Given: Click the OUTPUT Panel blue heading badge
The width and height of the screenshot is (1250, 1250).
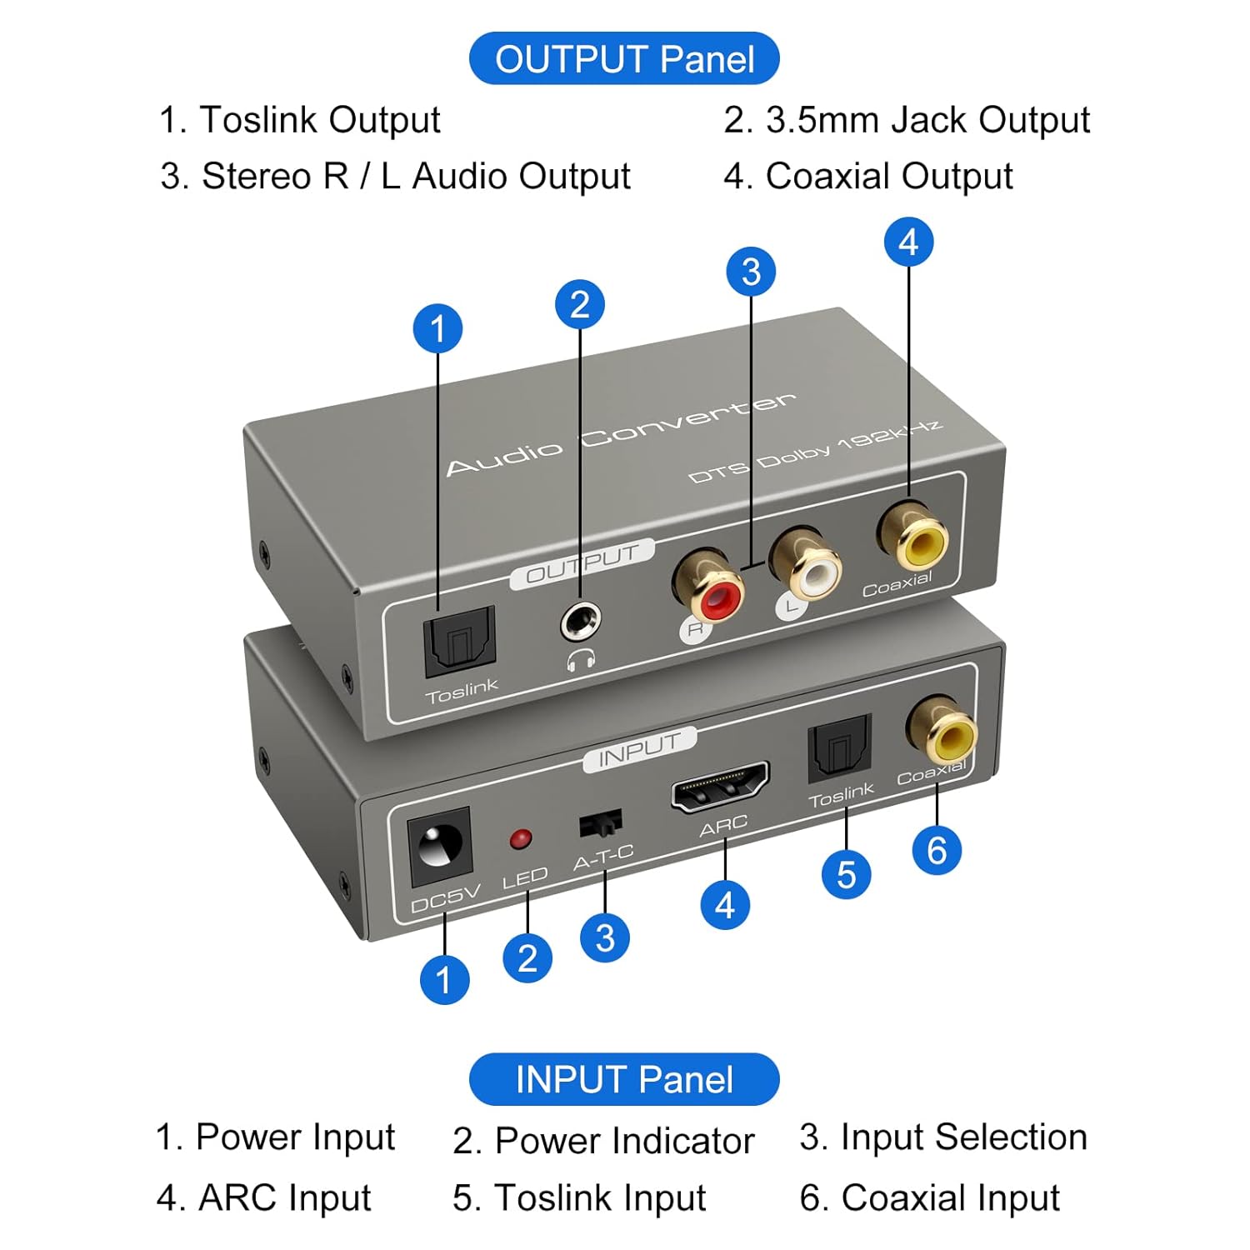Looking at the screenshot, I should [624, 58].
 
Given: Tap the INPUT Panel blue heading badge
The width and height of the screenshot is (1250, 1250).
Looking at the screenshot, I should [624, 1079].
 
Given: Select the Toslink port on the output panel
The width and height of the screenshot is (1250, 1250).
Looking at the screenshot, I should [459, 641].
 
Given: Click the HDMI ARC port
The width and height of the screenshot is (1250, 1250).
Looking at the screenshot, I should [720, 786].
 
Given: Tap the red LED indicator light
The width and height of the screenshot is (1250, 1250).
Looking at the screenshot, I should [521, 838].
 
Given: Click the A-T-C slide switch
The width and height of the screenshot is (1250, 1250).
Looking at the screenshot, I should [600, 823].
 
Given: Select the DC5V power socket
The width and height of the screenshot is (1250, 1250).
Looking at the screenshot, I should [439, 847].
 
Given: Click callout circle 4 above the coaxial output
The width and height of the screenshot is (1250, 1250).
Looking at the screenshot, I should [908, 242].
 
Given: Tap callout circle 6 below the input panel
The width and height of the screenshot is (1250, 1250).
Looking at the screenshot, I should [937, 850].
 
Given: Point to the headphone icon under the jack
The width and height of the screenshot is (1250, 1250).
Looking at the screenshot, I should [581, 660].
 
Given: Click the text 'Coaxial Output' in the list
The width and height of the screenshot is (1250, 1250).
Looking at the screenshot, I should [888, 177].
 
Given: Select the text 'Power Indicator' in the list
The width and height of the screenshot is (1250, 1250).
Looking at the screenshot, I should [624, 1141].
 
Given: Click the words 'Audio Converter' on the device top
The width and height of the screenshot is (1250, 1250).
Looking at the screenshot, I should [621, 433].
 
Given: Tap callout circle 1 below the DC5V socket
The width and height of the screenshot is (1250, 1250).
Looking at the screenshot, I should [444, 979].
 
